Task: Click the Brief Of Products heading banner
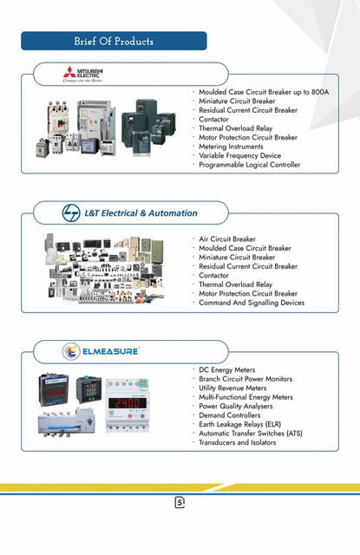[114, 41]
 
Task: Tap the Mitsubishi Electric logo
[83, 74]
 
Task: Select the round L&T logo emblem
[71, 213]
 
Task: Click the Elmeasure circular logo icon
[71, 351]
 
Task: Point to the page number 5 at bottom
[180, 502]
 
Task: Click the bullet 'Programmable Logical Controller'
[249, 165]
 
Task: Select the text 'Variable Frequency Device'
[239, 155]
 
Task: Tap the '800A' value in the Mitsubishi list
[320, 92]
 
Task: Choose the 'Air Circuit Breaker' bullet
[227, 239]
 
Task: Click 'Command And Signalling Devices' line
[252, 303]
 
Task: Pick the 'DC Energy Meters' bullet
[226, 370]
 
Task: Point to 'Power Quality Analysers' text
[235, 406]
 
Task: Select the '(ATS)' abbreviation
[295, 434]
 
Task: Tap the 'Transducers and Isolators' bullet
[237, 442]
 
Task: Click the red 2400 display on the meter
[127, 402]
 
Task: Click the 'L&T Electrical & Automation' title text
[141, 213]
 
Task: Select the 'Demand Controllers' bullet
[229, 415]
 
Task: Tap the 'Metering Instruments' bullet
[231, 147]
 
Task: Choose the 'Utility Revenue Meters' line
[232, 388]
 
